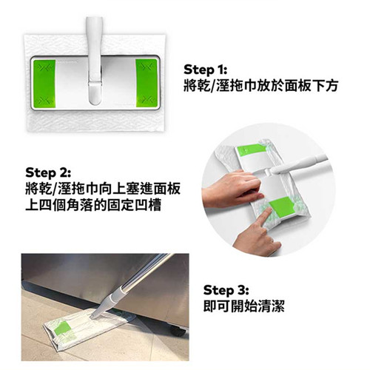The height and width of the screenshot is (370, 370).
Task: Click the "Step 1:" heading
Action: (x=205, y=70)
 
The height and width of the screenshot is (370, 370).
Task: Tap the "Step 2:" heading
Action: (x=48, y=172)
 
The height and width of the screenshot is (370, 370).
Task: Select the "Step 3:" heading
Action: (x=226, y=290)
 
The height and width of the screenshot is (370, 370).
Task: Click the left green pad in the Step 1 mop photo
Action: (x=44, y=84)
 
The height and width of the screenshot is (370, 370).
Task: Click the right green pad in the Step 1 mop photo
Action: (x=147, y=83)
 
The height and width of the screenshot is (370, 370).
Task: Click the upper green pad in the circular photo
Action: (x=250, y=151)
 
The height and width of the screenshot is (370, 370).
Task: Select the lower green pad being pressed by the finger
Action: (x=282, y=207)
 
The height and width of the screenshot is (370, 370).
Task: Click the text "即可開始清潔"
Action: (x=244, y=306)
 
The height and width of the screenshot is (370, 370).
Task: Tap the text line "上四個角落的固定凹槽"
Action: (x=93, y=206)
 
